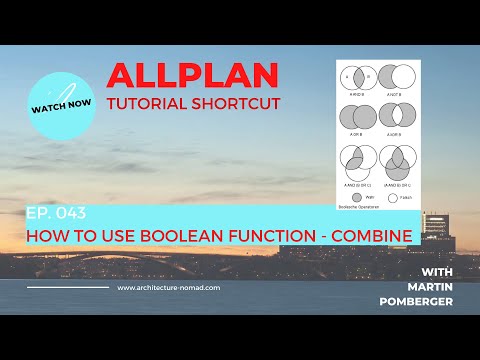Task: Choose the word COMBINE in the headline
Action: click(371, 236)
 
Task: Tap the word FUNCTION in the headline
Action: click(280, 236)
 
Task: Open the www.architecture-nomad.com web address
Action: click(169, 288)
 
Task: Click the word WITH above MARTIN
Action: click(439, 271)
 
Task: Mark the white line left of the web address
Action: click(67, 288)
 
